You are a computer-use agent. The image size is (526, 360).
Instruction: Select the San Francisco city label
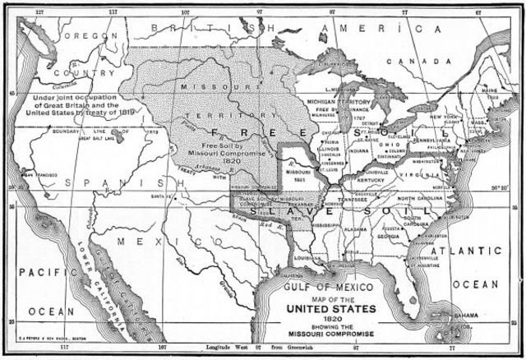pos(40,176)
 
